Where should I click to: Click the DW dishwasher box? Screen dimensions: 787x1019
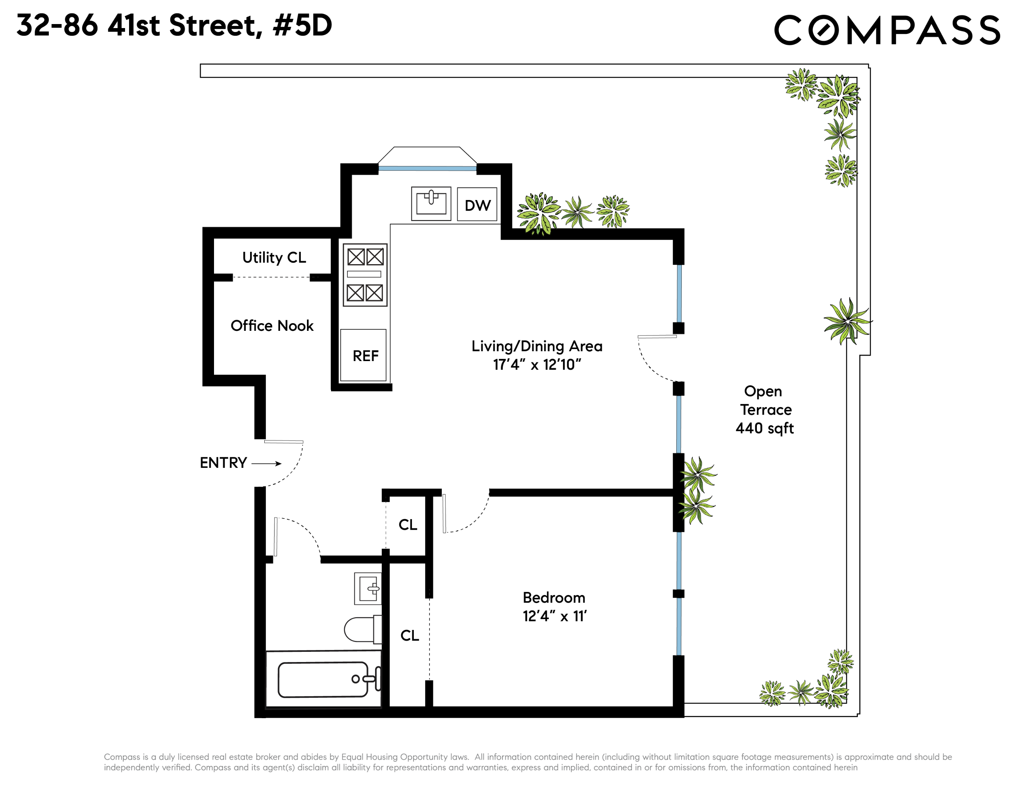pos(477,204)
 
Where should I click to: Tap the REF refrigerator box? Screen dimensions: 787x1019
pos(363,355)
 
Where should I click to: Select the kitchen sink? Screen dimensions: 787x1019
pos(431,203)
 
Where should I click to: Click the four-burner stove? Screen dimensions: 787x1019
pos(365,275)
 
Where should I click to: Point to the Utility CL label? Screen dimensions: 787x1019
pos(274,257)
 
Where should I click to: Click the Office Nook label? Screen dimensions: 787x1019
pos(272,325)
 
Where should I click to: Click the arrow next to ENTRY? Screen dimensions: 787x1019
pos(267,463)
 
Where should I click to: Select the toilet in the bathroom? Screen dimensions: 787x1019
pos(362,629)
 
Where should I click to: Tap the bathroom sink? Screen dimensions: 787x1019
pos(368,588)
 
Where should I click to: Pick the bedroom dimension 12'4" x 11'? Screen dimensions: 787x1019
pos(554,616)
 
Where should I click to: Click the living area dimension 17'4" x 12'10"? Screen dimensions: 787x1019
pos(537,365)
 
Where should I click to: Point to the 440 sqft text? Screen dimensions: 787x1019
pos(764,428)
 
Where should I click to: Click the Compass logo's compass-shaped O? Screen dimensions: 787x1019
pos(823,30)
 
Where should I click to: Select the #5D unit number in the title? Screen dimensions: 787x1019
pos(302,25)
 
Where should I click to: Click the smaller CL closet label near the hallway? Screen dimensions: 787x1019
pos(408,525)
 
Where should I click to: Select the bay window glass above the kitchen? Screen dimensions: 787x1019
pos(427,168)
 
